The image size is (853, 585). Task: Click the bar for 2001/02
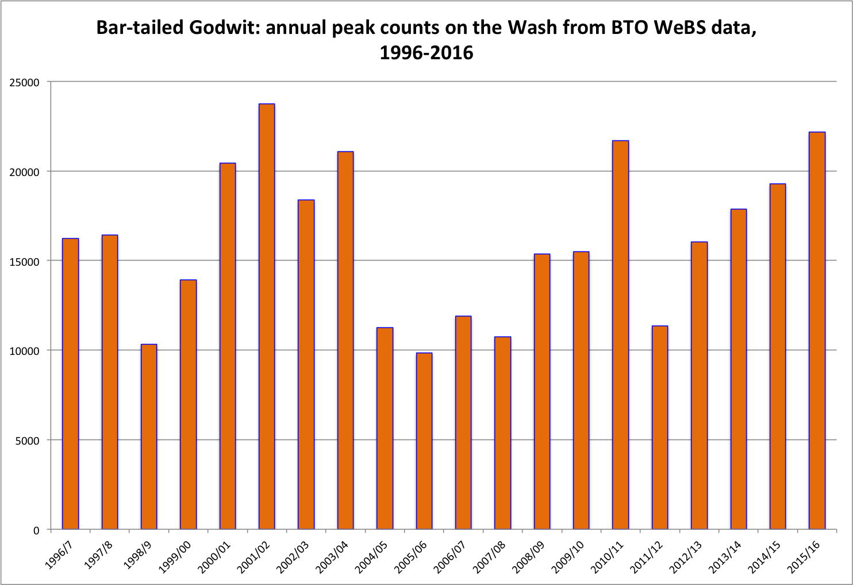(267, 316)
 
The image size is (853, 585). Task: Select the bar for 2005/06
(424, 441)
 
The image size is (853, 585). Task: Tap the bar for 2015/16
(817, 330)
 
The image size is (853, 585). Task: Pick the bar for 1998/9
(149, 437)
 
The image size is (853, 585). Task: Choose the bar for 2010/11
(620, 335)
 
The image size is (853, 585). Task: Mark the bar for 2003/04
(345, 340)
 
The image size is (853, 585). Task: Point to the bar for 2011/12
(660, 427)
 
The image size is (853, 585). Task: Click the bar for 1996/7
(71, 384)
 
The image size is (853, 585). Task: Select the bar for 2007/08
(502, 433)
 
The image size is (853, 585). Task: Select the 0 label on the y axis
(36, 530)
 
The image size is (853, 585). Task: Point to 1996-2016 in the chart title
(426, 53)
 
